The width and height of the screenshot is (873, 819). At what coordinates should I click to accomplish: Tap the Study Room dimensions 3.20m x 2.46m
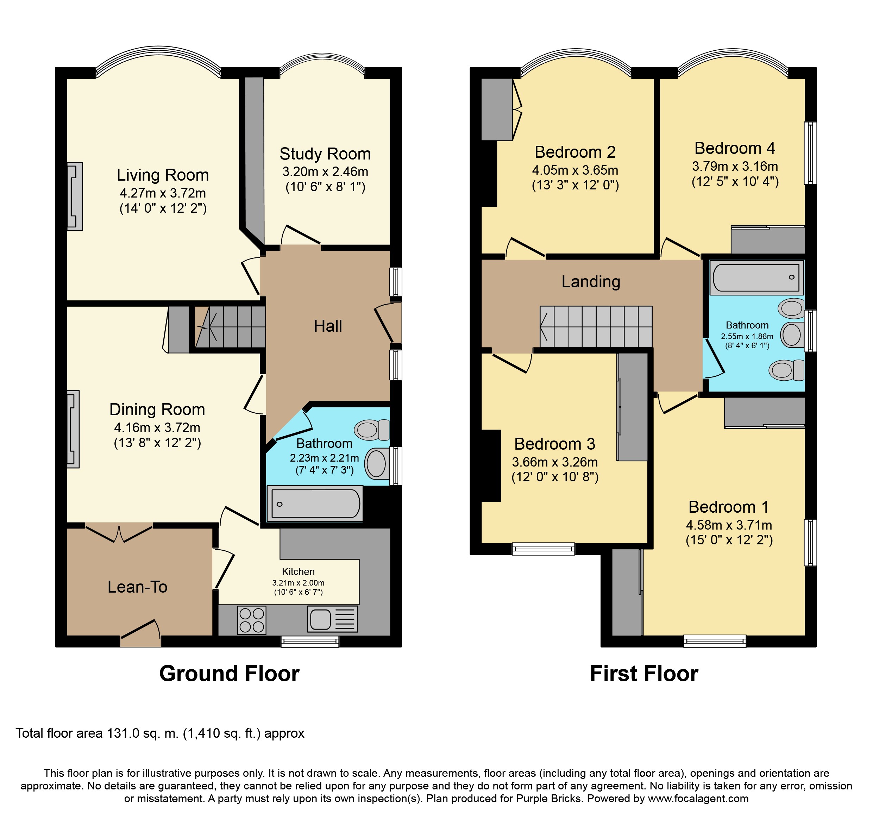pyautogui.click(x=325, y=172)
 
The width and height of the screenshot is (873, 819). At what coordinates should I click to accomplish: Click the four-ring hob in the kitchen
pyautogui.click(x=252, y=620)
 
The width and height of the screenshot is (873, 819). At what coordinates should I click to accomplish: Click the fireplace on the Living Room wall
pyautogui.click(x=75, y=196)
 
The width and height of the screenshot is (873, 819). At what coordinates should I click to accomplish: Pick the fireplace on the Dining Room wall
pyautogui.click(x=73, y=429)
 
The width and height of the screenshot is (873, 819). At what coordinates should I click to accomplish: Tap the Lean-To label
pyautogui.click(x=137, y=587)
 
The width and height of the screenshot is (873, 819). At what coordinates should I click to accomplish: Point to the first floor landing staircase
pyautogui.click(x=596, y=326)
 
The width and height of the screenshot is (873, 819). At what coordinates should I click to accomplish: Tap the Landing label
pyautogui.click(x=591, y=281)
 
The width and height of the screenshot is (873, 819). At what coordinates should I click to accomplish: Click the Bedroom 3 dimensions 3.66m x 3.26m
pyautogui.click(x=555, y=462)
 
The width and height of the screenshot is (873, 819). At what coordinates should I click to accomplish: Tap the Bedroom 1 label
pyautogui.click(x=729, y=507)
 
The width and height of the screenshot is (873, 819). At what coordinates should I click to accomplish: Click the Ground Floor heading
pyautogui.click(x=229, y=674)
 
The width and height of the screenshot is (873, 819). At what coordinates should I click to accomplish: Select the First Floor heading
pyautogui.click(x=644, y=674)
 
